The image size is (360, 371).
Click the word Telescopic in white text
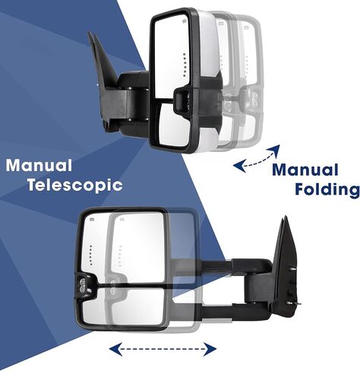click(x=75, y=185)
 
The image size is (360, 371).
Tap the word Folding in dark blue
click(x=327, y=189)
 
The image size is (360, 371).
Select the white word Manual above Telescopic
click(x=39, y=165)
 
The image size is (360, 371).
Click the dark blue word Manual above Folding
click(x=305, y=170)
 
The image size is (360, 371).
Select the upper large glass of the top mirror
click(x=172, y=57)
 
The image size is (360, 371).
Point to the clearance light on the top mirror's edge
click(x=184, y=100)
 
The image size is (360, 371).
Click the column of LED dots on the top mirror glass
click(x=185, y=65)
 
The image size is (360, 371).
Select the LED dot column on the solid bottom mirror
click(x=91, y=255)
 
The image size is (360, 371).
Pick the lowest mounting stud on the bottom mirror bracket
click(x=294, y=303)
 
